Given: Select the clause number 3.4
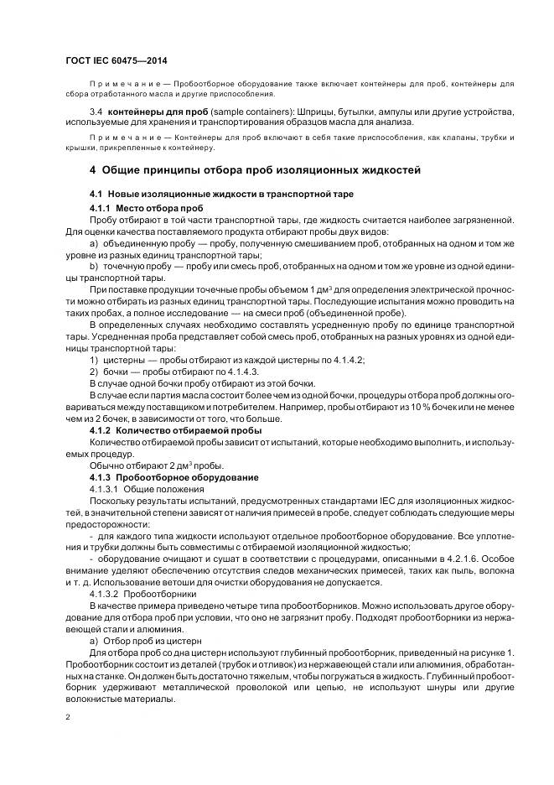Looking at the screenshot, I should tap(96, 111).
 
